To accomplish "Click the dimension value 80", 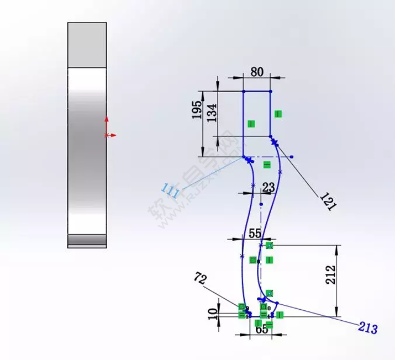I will [x=257, y=72].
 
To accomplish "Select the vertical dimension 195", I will [x=197, y=114].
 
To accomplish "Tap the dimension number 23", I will [x=268, y=188].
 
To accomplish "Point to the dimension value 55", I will [x=255, y=234].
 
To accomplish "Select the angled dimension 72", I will [x=201, y=278].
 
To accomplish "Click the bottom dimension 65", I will [x=262, y=330].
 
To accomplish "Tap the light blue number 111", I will [x=171, y=191].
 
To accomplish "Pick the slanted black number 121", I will [x=327, y=203].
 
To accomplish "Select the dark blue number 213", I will [x=367, y=329].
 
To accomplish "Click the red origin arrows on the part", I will [x=108, y=128].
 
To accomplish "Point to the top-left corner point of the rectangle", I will [x=244, y=91].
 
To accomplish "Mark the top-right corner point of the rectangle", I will [x=271, y=91].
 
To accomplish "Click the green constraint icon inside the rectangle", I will [x=251, y=124].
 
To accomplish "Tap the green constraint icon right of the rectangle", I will [x=278, y=114].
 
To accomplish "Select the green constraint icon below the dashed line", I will [x=267, y=165].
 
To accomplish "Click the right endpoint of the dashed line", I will [x=292, y=157].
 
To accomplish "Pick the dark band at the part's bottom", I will [x=87, y=240].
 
